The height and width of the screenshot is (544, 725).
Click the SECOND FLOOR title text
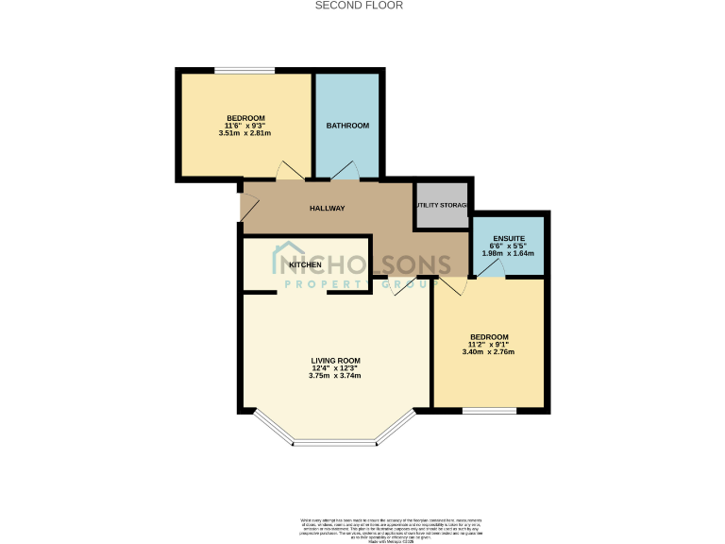358,6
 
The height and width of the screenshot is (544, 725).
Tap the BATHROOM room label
347,126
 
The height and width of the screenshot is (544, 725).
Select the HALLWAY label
327,209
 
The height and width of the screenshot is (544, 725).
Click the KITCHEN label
305,264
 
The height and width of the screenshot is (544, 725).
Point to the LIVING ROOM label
335,361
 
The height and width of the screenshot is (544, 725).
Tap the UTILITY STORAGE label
442,205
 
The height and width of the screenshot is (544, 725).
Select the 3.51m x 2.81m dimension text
244,133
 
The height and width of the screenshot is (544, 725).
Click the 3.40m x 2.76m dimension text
488,353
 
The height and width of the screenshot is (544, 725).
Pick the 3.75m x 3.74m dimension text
335,376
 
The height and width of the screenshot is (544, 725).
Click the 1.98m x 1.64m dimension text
508,253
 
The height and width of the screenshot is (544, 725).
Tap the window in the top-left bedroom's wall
244,70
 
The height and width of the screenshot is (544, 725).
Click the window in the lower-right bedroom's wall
489,411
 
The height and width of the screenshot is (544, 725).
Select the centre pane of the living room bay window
334,443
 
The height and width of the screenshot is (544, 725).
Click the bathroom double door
345,171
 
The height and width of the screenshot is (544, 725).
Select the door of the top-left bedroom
288,171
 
